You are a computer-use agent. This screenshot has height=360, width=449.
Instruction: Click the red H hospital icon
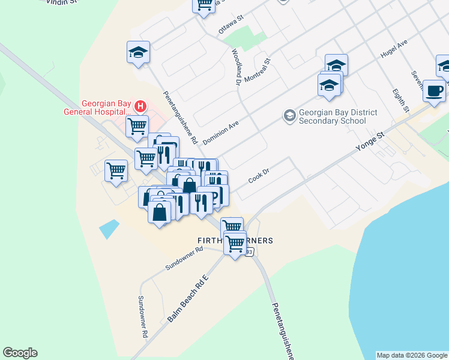[x=140, y=107]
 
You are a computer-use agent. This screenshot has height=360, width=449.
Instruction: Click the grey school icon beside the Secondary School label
[x=289, y=115]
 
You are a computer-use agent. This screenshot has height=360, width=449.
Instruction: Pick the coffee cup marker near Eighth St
[x=433, y=91]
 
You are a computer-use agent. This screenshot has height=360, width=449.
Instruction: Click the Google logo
[x=20, y=353]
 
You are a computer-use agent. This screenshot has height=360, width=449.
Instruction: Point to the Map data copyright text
[x=412, y=355]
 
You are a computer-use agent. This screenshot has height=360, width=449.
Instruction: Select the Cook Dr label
[x=260, y=178]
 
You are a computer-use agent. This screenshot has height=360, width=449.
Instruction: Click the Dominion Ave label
[x=221, y=130]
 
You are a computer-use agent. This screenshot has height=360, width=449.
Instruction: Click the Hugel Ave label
[x=394, y=50]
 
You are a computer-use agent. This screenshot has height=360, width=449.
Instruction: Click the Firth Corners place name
[x=235, y=241]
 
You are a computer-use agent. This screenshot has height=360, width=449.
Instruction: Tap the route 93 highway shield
[x=249, y=253]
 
